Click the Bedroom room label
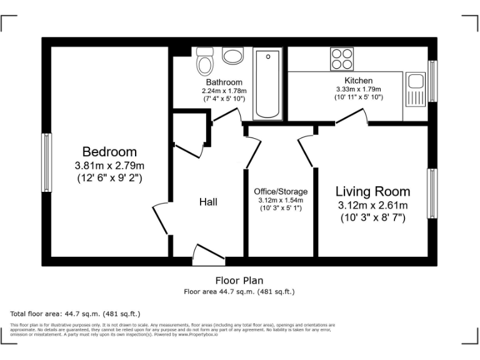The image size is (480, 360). click(x=109, y=152)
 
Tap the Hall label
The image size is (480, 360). click(x=208, y=201)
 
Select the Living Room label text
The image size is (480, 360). click(x=372, y=192)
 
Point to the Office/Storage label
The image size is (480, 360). click(x=281, y=191)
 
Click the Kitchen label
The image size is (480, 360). click(x=359, y=81)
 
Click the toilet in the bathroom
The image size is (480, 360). click(x=204, y=61)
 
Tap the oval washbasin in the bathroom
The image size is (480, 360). click(x=234, y=57)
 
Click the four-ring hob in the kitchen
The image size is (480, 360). click(x=342, y=58)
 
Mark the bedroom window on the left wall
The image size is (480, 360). click(x=46, y=162)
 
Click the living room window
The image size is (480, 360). click(x=431, y=193)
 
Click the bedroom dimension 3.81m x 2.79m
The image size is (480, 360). click(x=109, y=166)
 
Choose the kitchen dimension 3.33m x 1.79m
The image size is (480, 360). click(x=359, y=89)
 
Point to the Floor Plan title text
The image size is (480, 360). click(x=239, y=281)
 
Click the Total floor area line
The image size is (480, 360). click(x=76, y=313)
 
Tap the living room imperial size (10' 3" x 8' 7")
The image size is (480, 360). click(x=372, y=218)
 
